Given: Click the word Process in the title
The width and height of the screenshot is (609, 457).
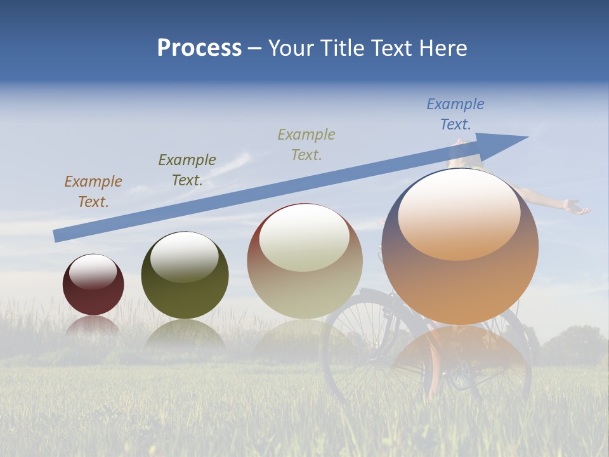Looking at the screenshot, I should tap(199, 48).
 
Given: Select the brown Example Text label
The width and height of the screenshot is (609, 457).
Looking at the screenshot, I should tap(93, 192).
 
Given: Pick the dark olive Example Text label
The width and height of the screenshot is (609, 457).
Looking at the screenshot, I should tap(187, 170).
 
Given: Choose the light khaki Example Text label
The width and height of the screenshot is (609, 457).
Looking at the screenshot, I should tap(306, 144).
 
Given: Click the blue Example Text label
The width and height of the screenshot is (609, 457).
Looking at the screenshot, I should tap(455, 114).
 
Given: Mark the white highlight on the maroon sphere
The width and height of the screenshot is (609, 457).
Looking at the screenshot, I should tap(93, 272).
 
